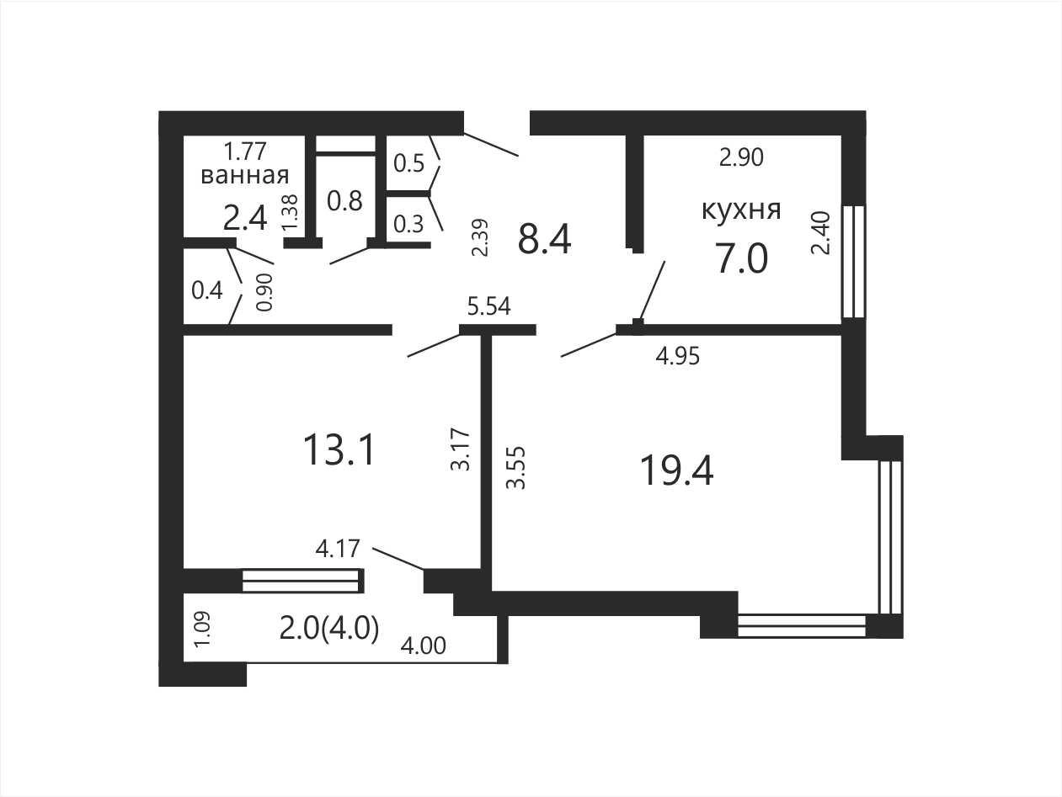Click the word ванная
click(x=245, y=175)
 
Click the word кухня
click(x=741, y=210)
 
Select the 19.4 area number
click(x=676, y=471)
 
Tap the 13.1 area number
click(x=339, y=449)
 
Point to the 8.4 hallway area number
click(x=544, y=239)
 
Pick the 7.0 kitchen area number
click(x=741, y=258)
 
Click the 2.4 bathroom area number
click(x=245, y=218)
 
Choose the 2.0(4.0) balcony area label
click(x=329, y=629)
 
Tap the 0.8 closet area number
click(x=344, y=201)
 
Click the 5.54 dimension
click(x=488, y=306)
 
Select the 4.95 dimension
click(x=678, y=357)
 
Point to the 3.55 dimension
click(x=515, y=468)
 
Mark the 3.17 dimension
click(x=460, y=449)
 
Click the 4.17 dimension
click(x=338, y=549)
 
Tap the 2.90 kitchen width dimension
click(x=741, y=157)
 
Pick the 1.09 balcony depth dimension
click(x=202, y=630)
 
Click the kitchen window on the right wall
click(x=853, y=262)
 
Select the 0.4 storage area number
click(x=207, y=291)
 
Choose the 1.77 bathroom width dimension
click(x=245, y=151)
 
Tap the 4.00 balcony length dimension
click(x=424, y=646)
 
